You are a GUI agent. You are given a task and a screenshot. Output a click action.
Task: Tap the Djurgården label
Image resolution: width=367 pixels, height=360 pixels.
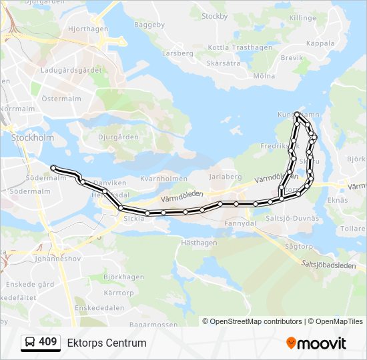pos(118,137)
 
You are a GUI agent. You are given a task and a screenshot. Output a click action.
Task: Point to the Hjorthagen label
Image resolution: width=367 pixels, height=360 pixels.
pos(88,29)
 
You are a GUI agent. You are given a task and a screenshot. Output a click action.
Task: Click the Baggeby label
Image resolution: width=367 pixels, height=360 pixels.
pos(149,25)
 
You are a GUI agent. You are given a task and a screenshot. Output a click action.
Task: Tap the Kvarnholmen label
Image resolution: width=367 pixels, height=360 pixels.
pos(164,179)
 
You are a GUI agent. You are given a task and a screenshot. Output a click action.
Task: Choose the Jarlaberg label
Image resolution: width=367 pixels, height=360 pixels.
pos(226,177)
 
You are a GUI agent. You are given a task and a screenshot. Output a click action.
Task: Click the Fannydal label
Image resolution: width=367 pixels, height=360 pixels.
pos(240,223)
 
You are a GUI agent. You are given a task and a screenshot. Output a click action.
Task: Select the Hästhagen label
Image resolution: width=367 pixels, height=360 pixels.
pos(199,243)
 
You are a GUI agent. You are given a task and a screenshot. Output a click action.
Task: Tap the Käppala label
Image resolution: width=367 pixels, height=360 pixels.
pos(320,43)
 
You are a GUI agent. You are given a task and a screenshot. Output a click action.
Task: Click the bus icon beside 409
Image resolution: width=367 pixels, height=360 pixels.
pos(29,343)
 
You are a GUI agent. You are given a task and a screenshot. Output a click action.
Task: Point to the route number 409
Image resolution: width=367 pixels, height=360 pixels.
pos(48,342)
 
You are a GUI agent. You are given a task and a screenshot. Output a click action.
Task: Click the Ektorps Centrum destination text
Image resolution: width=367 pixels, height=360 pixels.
pos(107,343)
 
